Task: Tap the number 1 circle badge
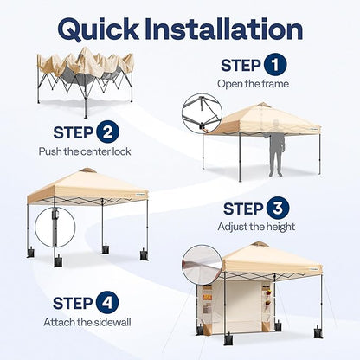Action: point(274,65)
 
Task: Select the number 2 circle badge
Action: point(107,132)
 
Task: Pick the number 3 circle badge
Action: point(278,209)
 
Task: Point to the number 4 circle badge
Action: point(107,303)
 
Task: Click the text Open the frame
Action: point(253,84)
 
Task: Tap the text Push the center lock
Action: point(85,151)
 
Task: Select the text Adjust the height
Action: point(256,227)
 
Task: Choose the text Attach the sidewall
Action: point(87,322)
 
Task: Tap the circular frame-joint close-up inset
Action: point(202,113)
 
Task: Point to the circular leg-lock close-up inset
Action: point(55,228)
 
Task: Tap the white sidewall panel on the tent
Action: point(236,305)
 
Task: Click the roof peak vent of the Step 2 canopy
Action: point(87,170)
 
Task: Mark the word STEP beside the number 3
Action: point(243,209)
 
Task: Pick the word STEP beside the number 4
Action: point(73,303)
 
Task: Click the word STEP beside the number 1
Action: point(241,65)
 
